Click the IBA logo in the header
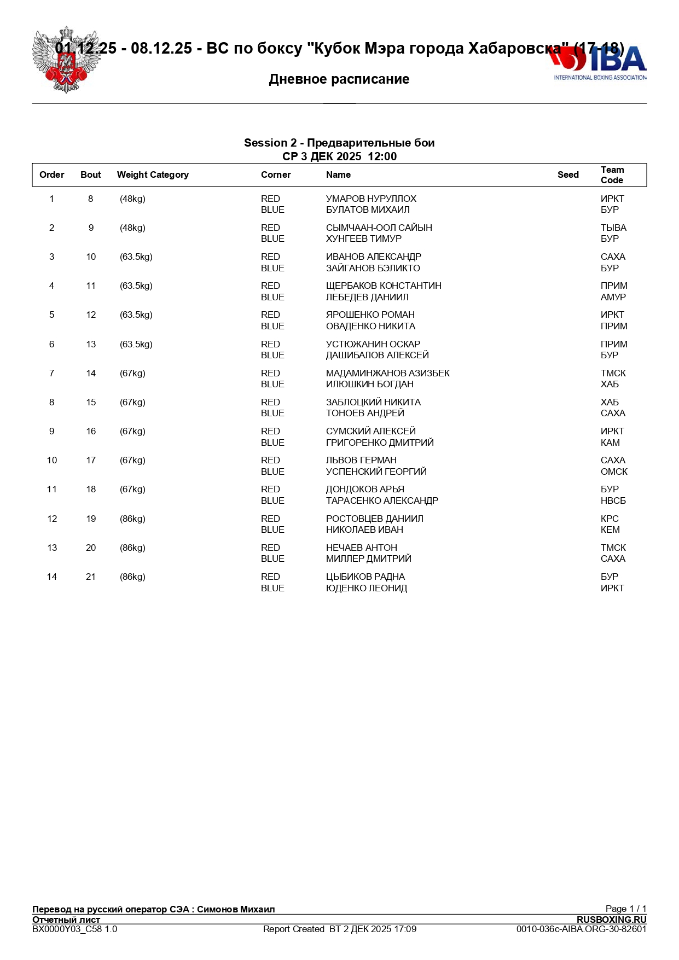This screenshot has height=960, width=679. pyautogui.click(x=599, y=63)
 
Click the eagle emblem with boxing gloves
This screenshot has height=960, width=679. pyautogui.click(x=66, y=60)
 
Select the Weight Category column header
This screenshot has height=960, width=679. pyautogui.click(x=153, y=175)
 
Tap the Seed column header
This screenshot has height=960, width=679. pyautogui.click(x=568, y=175)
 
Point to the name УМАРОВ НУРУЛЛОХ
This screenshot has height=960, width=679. pyautogui.click(x=371, y=199)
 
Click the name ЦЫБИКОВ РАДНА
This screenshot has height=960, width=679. pyautogui.click(x=365, y=577)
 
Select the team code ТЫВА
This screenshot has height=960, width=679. pyautogui.click(x=613, y=228)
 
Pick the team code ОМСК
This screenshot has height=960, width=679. pyautogui.click(x=614, y=472)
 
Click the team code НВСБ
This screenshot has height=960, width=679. pyautogui.click(x=613, y=501)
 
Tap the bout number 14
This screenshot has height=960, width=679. pyautogui.click(x=91, y=373)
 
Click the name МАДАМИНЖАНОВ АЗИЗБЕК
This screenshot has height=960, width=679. pyautogui.click(x=387, y=373)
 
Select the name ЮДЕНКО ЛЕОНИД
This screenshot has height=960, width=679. pyautogui.click(x=366, y=588)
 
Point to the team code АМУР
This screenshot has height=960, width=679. pyautogui.click(x=613, y=297)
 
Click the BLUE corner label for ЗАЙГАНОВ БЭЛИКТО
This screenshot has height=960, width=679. pyautogui.click(x=272, y=268)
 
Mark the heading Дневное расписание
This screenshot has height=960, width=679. pyautogui.click(x=339, y=79)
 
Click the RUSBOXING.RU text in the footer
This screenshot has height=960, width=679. pyautogui.click(x=611, y=920)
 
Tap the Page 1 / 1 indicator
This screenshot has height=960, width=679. pyautogui.click(x=625, y=909)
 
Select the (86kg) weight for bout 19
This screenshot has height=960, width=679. pyautogui.click(x=132, y=519)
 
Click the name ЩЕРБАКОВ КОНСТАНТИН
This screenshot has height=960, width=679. pyautogui.click(x=384, y=286)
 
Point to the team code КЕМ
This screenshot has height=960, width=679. pyautogui.click(x=610, y=530)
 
